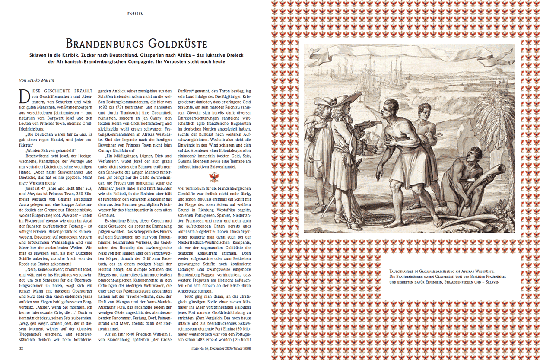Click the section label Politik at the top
coord(135,13)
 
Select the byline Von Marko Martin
coord(39,80)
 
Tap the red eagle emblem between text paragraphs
coord(215,177)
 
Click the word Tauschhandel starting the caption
coord(403,271)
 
